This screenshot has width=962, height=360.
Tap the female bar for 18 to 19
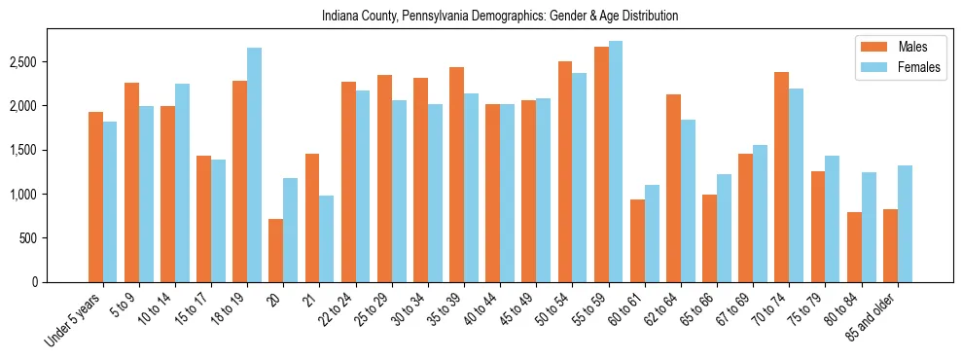[254, 165]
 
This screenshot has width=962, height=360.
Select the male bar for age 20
[275, 250]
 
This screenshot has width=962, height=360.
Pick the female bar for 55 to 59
[615, 162]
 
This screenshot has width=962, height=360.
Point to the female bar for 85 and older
[905, 224]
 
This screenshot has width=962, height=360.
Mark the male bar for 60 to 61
[637, 240]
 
